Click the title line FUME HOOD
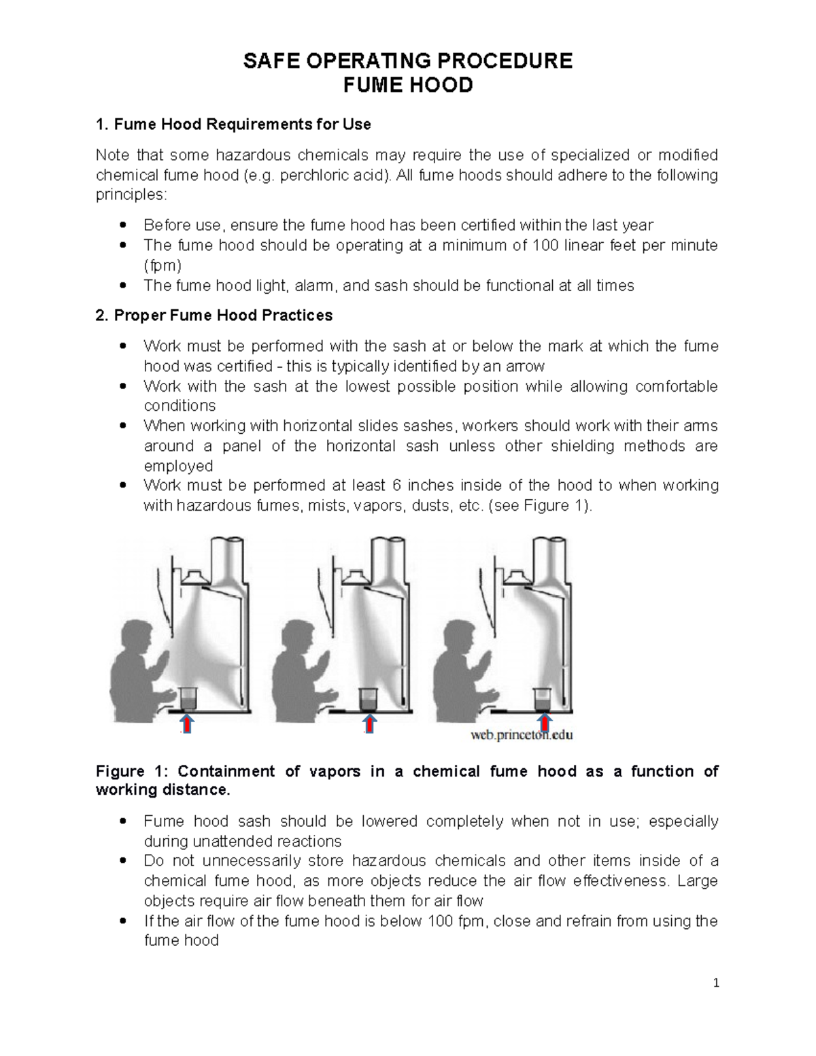click(x=408, y=86)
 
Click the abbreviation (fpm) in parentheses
click(x=163, y=265)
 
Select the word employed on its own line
click(x=178, y=466)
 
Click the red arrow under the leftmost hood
click(x=188, y=723)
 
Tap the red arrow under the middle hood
click(x=368, y=723)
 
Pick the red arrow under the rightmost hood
click(x=544, y=723)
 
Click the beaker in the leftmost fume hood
click(x=188, y=698)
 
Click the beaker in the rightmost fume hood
click(x=543, y=698)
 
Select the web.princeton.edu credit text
click(x=522, y=735)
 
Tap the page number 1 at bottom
click(x=715, y=983)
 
